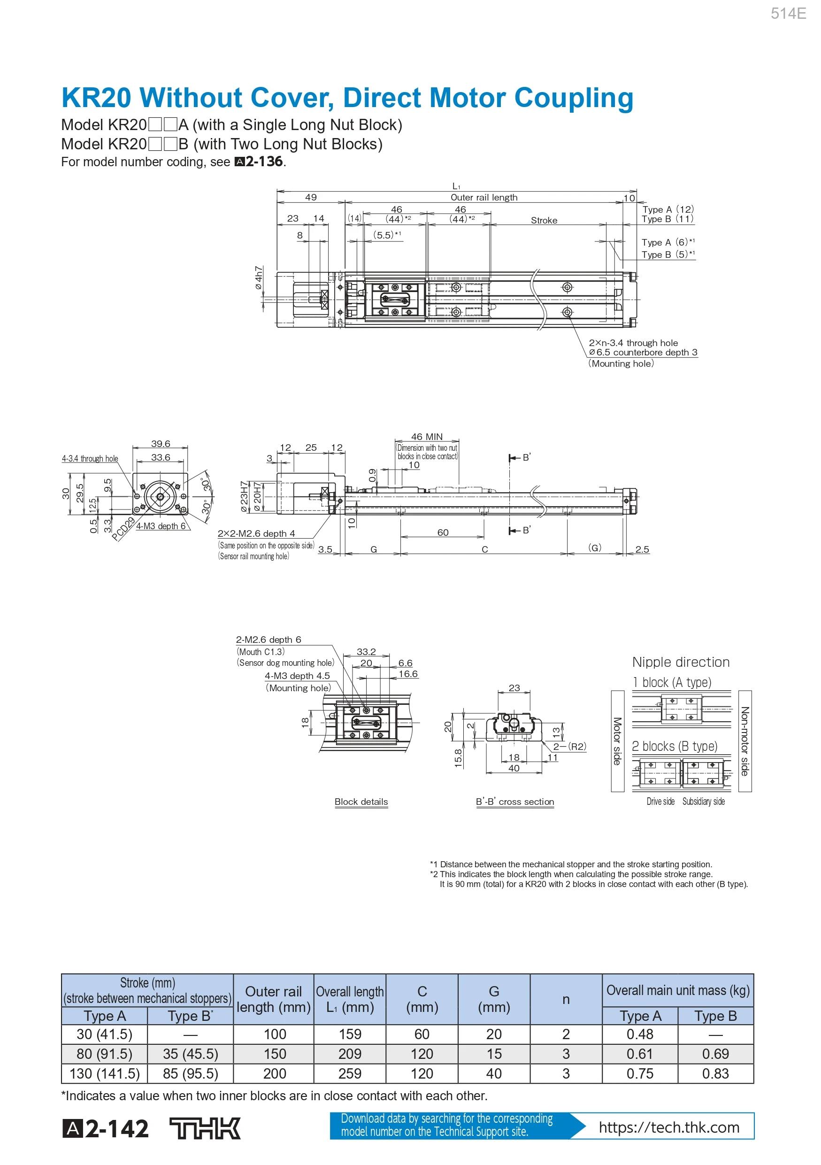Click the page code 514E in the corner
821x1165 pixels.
(788, 14)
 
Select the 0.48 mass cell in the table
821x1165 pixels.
(639, 1034)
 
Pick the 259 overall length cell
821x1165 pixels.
(350, 1073)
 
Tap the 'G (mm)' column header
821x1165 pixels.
(494, 999)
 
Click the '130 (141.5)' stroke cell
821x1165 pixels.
(105, 1073)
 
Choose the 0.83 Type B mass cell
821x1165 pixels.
(715, 1073)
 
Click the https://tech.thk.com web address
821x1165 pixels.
(669, 1127)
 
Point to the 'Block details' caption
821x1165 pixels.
(361, 802)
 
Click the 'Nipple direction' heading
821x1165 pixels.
(681, 662)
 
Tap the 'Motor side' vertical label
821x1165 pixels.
(617, 741)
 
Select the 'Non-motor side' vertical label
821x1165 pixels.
(744, 741)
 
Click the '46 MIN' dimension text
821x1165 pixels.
(427, 436)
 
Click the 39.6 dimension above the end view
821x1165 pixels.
(160, 443)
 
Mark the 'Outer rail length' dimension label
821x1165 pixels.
(484, 197)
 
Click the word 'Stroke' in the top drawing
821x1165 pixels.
(544, 220)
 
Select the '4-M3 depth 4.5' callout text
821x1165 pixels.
(297, 676)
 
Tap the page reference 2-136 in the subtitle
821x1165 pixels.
(264, 162)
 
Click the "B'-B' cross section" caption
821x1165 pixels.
(515, 802)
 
